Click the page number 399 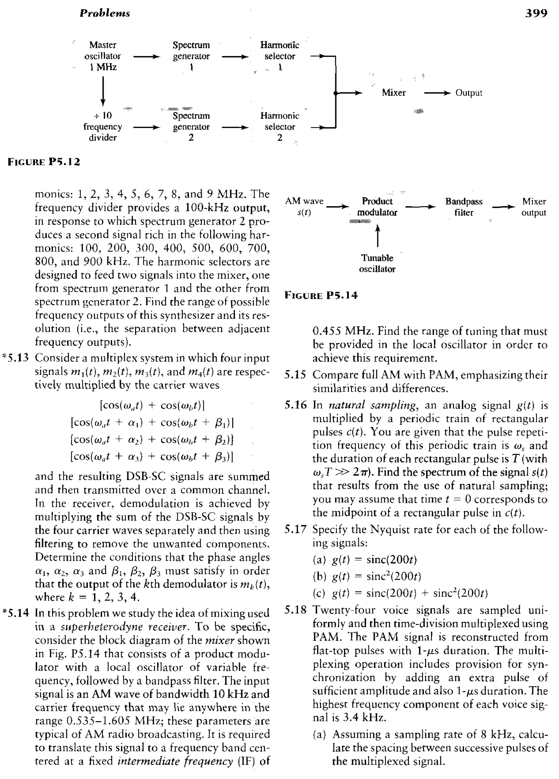[536, 13]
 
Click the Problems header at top [105, 13]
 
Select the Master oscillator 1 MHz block [103, 56]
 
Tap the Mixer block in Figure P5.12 [394, 93]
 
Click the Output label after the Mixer [468, 93]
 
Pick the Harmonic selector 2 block [279, 127]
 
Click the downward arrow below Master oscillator [103, 91]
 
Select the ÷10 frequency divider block [103, 127]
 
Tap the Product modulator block [377, 207]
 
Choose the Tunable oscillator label [377, 263]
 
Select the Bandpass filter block [463, 207]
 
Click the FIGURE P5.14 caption [321, 295]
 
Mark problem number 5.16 [295, 405]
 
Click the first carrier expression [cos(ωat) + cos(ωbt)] [152, 405]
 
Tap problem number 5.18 [295, 610]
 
